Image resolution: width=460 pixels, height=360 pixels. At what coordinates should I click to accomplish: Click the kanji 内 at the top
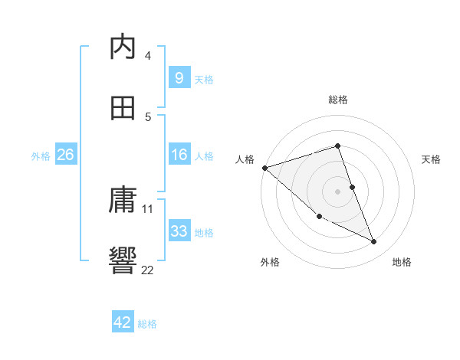(123, 47)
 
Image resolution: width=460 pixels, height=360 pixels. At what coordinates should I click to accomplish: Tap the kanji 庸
(123, 201)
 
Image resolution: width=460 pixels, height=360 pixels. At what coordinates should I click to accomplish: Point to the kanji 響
(123, 261)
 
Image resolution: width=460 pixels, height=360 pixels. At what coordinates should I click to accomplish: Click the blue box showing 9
(179, 77)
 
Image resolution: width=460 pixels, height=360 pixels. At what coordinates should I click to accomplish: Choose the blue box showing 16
(179, 155)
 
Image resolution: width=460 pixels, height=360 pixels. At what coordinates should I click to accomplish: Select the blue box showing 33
(179, 231)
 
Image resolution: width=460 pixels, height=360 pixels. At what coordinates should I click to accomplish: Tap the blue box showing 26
(65, 155)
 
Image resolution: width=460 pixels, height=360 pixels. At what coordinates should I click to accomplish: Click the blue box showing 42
(123, 322)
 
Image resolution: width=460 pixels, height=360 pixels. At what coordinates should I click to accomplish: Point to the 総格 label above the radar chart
(338, 100)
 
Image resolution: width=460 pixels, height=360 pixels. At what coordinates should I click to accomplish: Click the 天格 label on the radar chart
(432, 159)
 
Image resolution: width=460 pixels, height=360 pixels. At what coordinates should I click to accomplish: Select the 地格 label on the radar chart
(402, 263)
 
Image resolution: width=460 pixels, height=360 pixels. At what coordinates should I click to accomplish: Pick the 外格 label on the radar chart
(270, 263)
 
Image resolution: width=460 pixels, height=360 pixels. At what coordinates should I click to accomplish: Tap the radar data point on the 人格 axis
(264, 168)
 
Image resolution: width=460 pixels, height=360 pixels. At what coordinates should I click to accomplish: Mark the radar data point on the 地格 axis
(373, 242)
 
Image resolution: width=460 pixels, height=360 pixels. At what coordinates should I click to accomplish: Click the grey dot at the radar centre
(337, 191)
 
